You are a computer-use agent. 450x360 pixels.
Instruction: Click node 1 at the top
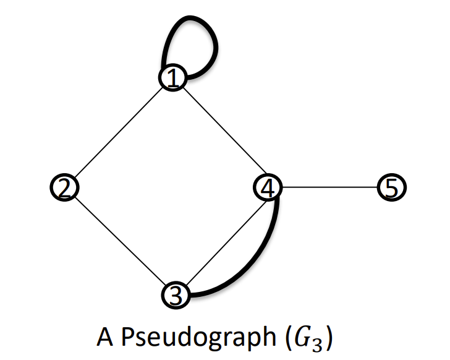point(173,77)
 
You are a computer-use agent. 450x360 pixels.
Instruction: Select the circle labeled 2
point(64,187)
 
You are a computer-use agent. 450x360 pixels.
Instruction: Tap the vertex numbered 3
point(176,295)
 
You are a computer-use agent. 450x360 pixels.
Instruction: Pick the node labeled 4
point(268,187)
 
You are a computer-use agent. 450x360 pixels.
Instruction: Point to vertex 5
point(392,187)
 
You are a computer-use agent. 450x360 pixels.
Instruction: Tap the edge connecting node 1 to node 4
point(225,131)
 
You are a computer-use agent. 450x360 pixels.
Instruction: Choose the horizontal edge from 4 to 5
point(329,187)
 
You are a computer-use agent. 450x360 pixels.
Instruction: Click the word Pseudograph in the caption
point(198,336)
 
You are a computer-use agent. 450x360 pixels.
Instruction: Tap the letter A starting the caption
point(105,336)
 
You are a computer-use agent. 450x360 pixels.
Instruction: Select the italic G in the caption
point(302,336)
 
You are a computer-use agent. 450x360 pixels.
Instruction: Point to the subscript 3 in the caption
point(317,345)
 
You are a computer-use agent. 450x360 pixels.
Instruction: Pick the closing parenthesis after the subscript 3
point(329,338)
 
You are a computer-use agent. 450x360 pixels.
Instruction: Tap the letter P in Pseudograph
point(129,336)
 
